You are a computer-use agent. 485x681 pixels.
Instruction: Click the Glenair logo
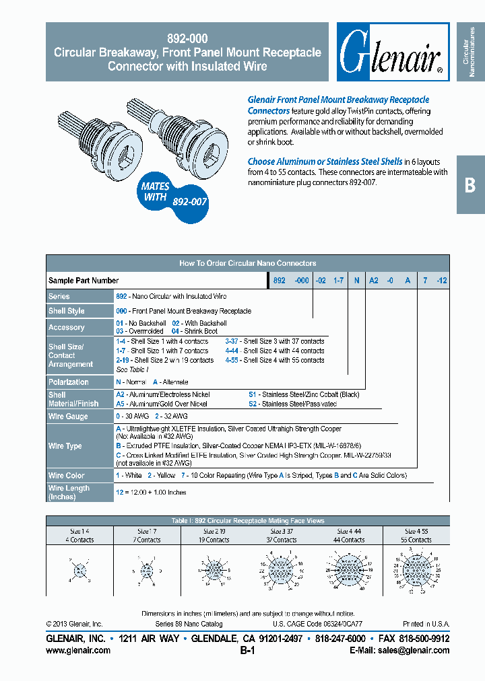pyautogui.click(x=391, y=52)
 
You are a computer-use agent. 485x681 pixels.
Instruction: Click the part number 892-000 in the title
pyautogui.click(x=187, y=38)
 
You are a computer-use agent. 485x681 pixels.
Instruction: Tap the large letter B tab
pyautogui.click(x=470, y=185)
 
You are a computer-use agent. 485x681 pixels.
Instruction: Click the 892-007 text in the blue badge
pyautogui.click(x=191, y=201)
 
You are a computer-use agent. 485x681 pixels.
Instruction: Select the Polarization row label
pyautogui.click(x=69, y=382)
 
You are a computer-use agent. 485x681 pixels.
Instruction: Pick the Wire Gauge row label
pyautogui.click(x=68, y=417)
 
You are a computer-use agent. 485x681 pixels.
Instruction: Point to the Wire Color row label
pyautogui.click(x=67, y=476)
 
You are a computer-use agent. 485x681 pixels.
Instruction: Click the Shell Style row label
pyautogui.click(x=67, y=311)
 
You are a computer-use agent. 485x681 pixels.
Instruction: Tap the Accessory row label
pyautogui.click(x=67, y=328)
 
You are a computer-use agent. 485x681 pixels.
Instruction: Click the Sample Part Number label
pyautogui.click(x=84, y=281)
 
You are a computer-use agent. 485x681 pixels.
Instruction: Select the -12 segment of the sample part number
pyautogui.click(x=441, y=281)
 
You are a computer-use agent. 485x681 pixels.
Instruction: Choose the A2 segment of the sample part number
pyautogui.click(x=373, y=281)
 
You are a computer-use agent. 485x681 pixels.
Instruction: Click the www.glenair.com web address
pyautogui.click(x=78, y=651)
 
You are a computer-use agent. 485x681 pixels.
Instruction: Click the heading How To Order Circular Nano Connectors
pyautogui.click(x=247, y=263)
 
